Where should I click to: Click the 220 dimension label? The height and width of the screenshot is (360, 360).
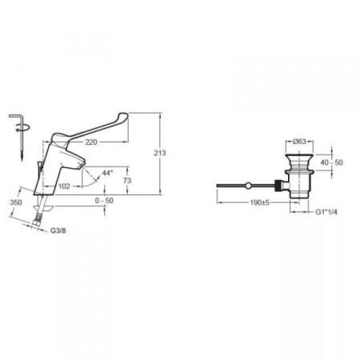coord(91,142)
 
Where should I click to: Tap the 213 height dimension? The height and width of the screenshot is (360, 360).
coord(160,153)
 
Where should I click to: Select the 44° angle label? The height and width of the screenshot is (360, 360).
coord(107,173)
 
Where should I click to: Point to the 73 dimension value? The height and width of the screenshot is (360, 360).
coord(127,181)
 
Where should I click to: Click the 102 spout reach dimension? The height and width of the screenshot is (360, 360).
coord(64,186)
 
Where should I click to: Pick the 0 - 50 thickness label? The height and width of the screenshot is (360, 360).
coord(104,201)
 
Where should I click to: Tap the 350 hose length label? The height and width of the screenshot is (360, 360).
coord(16,202)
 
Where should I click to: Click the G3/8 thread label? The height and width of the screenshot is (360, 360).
coord(58,230)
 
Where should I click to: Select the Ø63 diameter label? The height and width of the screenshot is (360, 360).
coord(299,142)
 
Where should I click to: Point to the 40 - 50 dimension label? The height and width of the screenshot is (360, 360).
coord(332,162)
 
